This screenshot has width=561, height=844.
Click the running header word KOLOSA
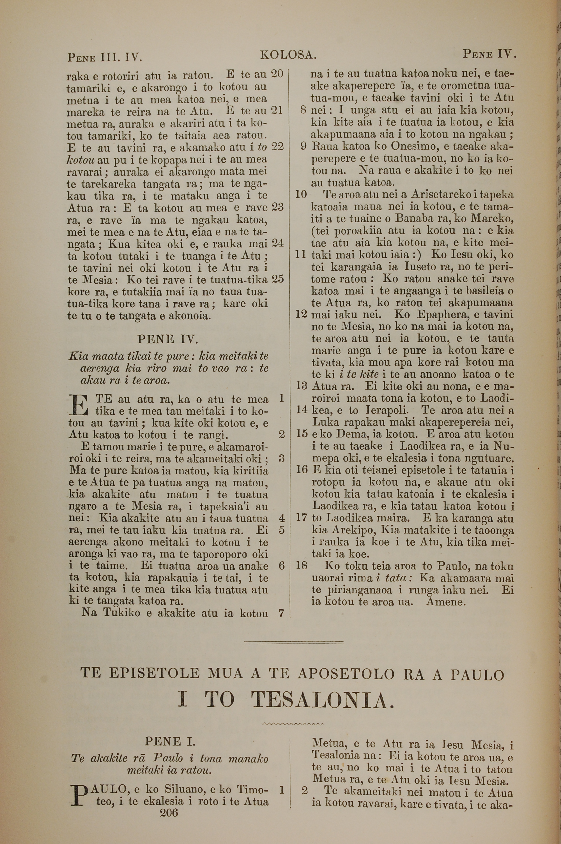pyautogui.click(x=288, y=55)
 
